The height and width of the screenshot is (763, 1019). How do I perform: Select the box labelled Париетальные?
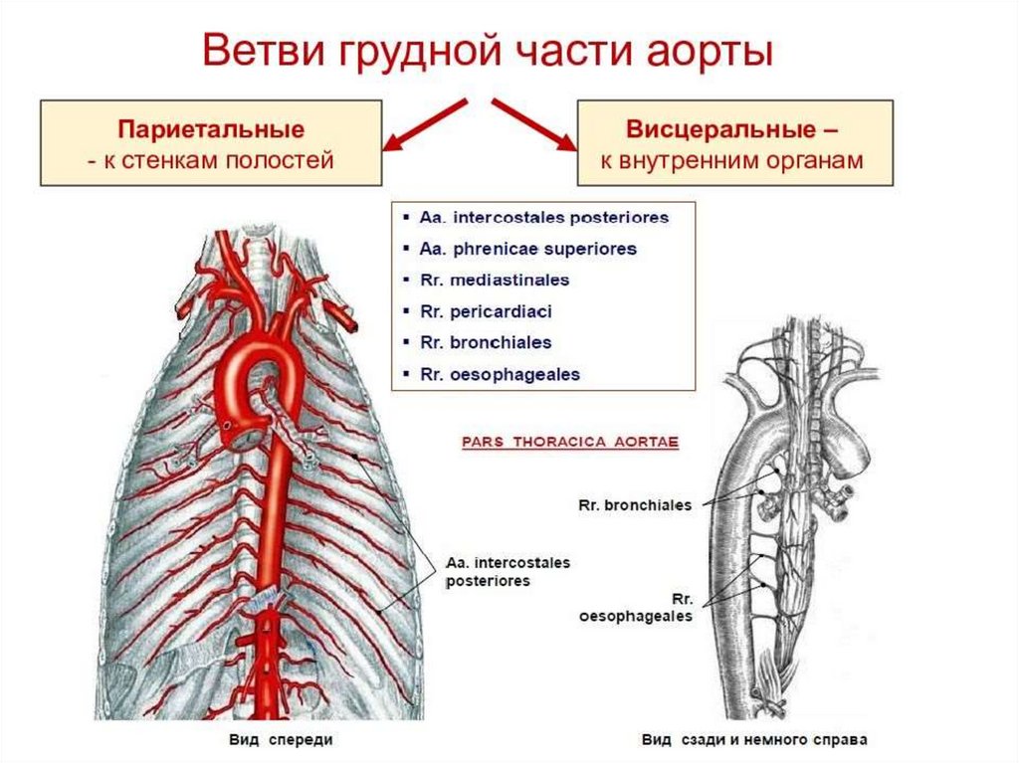tap(210, 144)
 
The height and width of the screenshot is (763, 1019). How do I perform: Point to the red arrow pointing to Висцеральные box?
tap(534, 124)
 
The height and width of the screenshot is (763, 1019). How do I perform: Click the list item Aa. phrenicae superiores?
tap(526, 249)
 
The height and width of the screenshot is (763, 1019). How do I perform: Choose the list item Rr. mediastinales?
tap(495, 281)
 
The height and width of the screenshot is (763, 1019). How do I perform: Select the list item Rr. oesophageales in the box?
tap(500, 375)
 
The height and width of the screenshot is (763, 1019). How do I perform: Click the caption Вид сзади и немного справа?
tap(753, 740)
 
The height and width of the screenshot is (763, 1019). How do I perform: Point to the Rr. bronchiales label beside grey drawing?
tap(634, 505)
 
